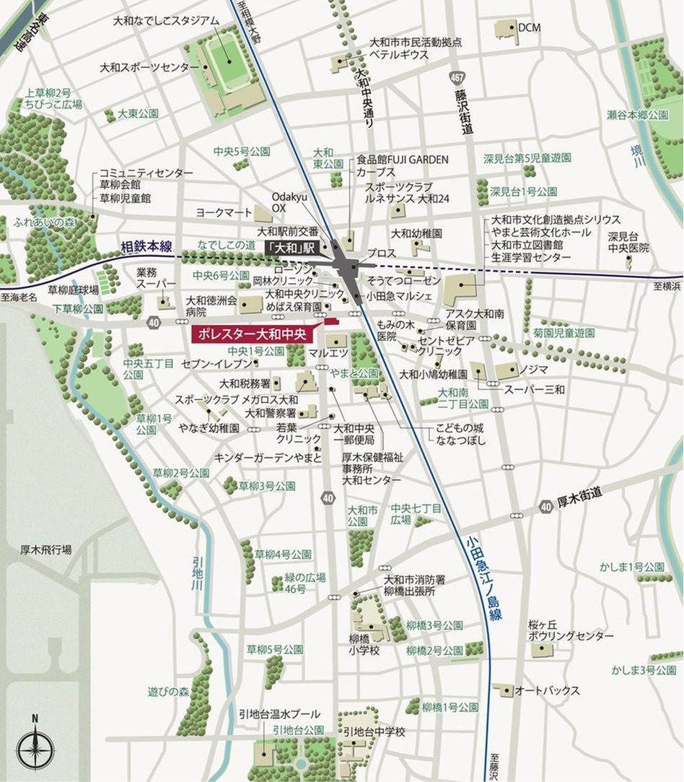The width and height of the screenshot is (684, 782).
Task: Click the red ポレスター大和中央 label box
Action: click(250, 334)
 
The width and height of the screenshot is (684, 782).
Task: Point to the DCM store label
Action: click(529, 27)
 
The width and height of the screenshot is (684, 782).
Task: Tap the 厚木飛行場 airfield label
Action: click(45, 549)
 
